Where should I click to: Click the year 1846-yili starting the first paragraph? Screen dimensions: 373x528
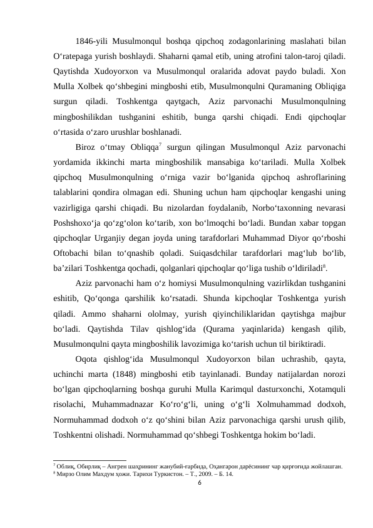(x=91, y=43)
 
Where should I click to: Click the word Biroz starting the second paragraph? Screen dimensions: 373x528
(x=87, y=147)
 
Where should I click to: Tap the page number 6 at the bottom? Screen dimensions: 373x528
(x=200, y=483)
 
